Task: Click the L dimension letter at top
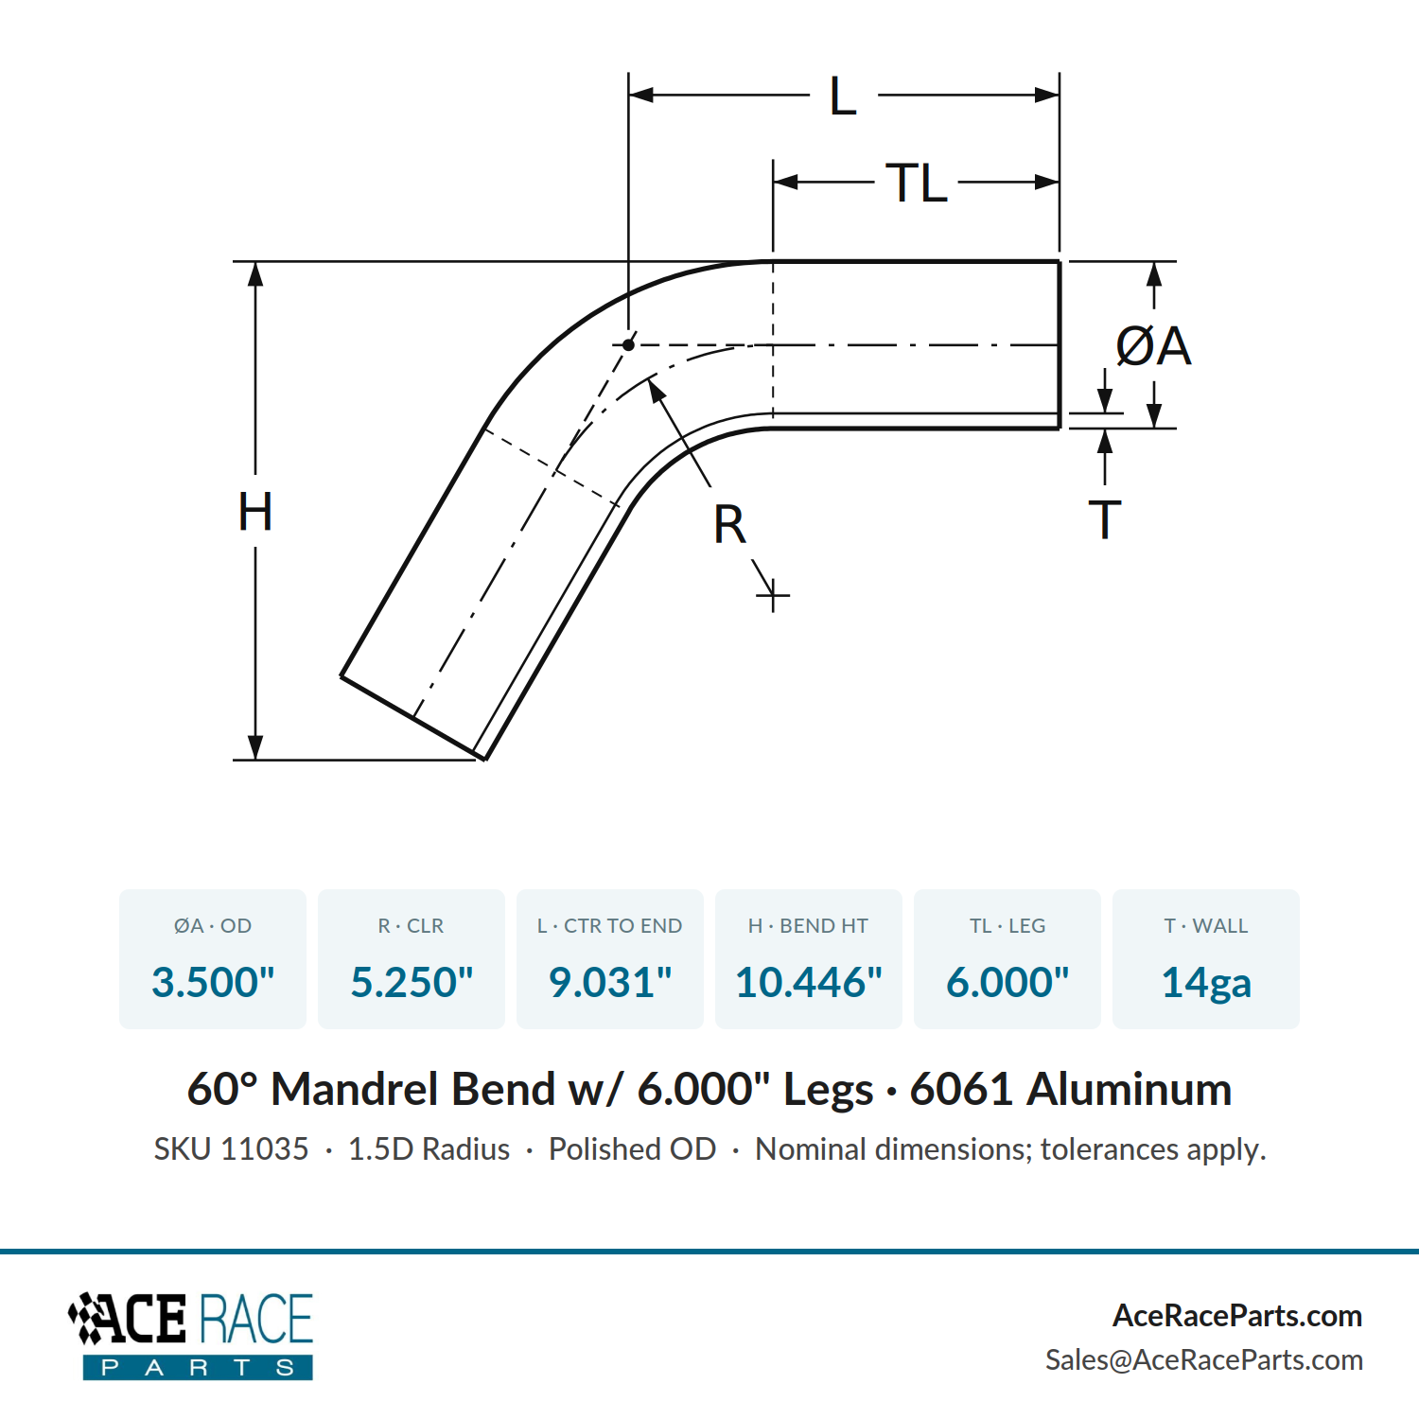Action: (x=843, y=96)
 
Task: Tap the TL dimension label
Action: (x=917, y=183)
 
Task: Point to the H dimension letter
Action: (x=255, y=512)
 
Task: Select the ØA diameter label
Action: (x=1153, y=345)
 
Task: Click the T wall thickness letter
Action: (x=1105, y=519)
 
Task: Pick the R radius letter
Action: (x=729, y=524)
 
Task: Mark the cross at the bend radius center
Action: (x=773, y=596)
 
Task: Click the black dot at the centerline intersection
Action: (x=628, y=345)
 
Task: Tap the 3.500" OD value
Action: (x=213, y=982)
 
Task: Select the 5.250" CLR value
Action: (x=412, y=982)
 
